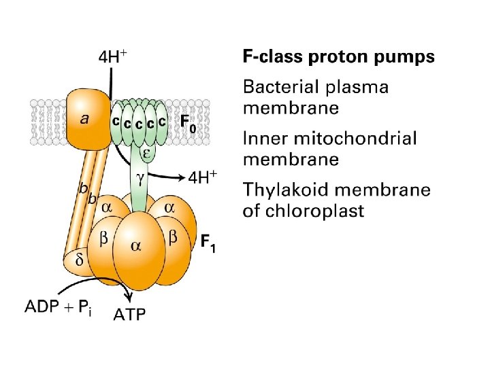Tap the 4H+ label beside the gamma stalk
click(202, 178)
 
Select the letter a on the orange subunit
click(84, 119)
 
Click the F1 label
click(208, 243)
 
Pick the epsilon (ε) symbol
click(146, 153)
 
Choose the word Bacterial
click(283, 87)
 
